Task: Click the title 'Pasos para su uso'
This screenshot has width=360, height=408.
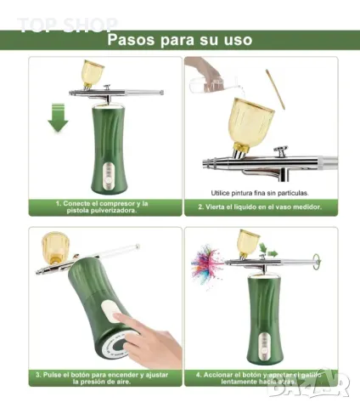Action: click(x=180, y=39)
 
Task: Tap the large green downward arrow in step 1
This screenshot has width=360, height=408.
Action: click(x=58, y=116)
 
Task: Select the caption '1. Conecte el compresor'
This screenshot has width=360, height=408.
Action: click(x=102, y=207)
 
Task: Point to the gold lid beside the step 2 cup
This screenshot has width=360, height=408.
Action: click(x=274, y=90)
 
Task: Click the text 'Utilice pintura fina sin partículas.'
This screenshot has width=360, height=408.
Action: click(x=260, y=192)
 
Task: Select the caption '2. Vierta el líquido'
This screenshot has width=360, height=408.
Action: click(x=260, y=207)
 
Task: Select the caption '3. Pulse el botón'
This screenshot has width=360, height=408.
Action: click(x=102, y=377)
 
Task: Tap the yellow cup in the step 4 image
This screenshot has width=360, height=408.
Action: click(x=249, y=242)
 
